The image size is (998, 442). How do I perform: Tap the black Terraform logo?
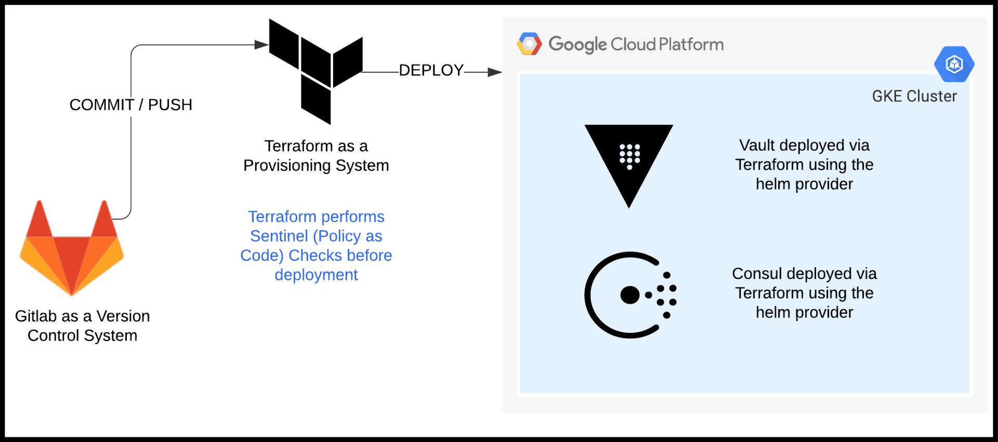click(316, 72)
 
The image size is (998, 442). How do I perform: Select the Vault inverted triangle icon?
click(629, 161)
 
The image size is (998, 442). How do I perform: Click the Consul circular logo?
click(630, 295)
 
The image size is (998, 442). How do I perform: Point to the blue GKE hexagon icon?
click(954, 64)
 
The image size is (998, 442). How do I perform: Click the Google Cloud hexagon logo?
click(529, 44)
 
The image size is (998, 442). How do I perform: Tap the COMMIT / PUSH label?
click(130, 105)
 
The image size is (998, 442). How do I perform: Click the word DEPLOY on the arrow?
click(431, 71)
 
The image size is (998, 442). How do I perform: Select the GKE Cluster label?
click(914, 97)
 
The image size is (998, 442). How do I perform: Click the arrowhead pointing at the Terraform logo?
click(261, 45)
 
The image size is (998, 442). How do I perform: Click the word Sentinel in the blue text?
click(279, 236)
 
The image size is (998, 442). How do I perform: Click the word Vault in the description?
click(757, 145)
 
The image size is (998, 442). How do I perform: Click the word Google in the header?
click(577, 45)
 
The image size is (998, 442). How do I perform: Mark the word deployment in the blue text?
click(316, 275)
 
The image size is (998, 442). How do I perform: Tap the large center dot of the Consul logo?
click(630, 295)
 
